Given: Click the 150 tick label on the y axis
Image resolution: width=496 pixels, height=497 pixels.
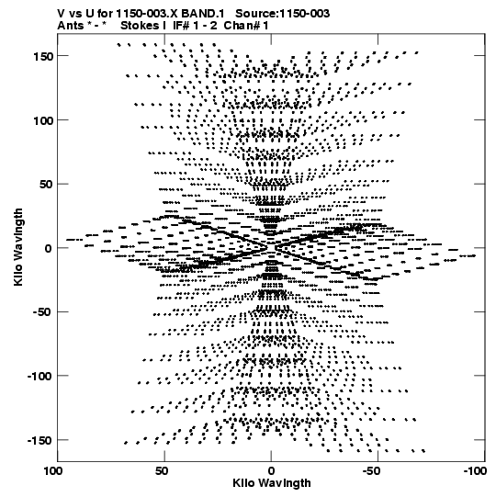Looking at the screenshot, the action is [43, 57].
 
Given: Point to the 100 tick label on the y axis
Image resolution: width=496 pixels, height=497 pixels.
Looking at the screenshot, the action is [43, 120].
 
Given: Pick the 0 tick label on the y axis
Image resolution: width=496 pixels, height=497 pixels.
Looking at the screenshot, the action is [49, 248].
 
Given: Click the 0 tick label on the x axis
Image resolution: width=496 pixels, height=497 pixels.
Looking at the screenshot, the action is [271, 471].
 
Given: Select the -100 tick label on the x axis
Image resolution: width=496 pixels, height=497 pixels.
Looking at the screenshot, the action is [475, 471].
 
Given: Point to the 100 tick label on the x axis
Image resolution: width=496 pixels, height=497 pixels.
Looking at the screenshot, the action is [53, 471].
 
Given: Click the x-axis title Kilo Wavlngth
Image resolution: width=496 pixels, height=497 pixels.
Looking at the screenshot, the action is [272, 483].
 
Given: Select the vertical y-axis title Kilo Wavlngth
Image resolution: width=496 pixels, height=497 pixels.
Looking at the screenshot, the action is [18, 247].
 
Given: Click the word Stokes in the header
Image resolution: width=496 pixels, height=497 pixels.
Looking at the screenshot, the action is [140, 26].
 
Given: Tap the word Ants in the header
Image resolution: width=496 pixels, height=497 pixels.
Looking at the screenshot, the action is [71, 26].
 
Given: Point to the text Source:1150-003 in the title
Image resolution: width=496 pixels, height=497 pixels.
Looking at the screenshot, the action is [282, 14].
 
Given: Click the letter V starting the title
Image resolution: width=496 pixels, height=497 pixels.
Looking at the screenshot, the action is [62, 14].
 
